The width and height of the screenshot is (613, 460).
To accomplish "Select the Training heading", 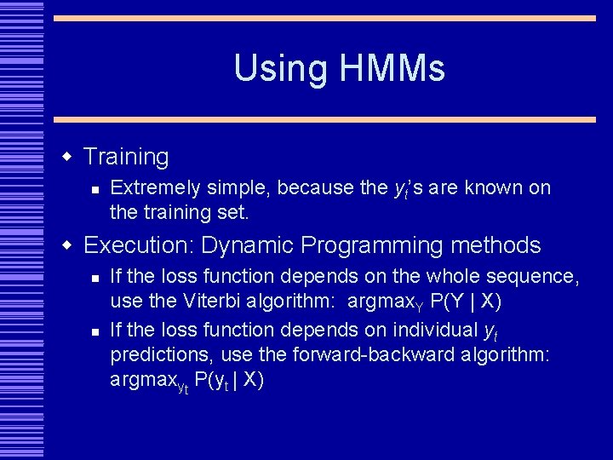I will pyautogui.click(x=127, y=157).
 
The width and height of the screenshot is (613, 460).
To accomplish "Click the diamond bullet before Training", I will pyautogui.click(x=67, y=156).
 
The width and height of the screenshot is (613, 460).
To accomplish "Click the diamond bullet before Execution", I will pyautogui.click(x=67, y=246).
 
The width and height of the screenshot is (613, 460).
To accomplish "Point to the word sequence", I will pyautogui.click(x=537, y=277).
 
